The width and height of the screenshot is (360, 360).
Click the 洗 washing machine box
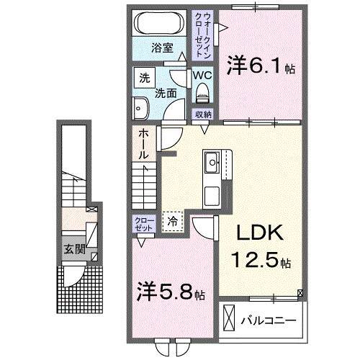click(x=143, y=76)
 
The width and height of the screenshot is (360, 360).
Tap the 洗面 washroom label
click(x=167, y=93)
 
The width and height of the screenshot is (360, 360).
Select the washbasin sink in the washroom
click(x=140, y=108)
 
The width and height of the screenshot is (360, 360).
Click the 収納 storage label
click(x=202, y=114)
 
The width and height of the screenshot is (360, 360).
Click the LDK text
click(x=258, y=233)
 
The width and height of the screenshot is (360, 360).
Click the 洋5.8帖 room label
click(x=172, y=294)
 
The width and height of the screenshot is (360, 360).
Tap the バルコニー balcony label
click(x=271, y=318)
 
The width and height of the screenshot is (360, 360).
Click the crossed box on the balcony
click(x=230, y=317)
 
